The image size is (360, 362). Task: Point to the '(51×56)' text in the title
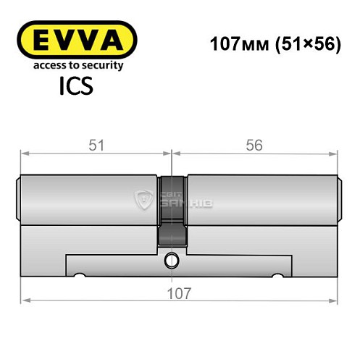click(x=299, y=43)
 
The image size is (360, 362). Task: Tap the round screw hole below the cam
click(x=171, y=259)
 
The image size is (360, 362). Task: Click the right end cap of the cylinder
click(x=338, y=199)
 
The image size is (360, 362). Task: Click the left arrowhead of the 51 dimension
click(x=24, y=153)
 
